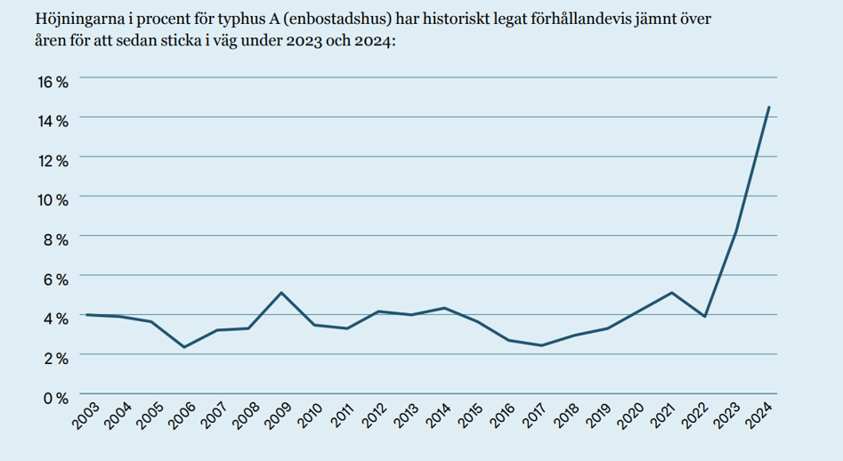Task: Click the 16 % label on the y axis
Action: tap(53, 82)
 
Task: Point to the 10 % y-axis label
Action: tap(53, 200)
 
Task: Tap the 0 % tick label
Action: tap(55, 398)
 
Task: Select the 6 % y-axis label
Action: tap(55, 279)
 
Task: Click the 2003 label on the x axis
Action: tap(86, 416)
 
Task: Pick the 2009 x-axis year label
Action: tap(279, 416)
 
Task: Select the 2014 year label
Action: tap(439, 416)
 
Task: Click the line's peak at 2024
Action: tap(769, 107)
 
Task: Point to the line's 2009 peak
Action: tap(281, 293)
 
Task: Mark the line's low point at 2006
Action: tap(184, 347)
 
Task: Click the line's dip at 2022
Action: tap(704, 317)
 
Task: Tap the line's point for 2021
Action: tap(671, 293)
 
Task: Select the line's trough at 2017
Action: tap(541, 345)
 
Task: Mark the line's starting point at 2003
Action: tap(86, 315)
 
